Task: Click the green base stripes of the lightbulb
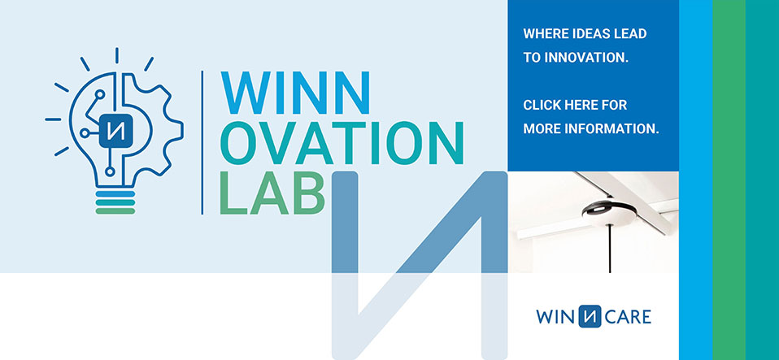(114, 202)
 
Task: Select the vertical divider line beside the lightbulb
(202, 142)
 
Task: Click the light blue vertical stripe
(695, 180)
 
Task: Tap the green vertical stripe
(729, 180)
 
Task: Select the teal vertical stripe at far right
(762, 180)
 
